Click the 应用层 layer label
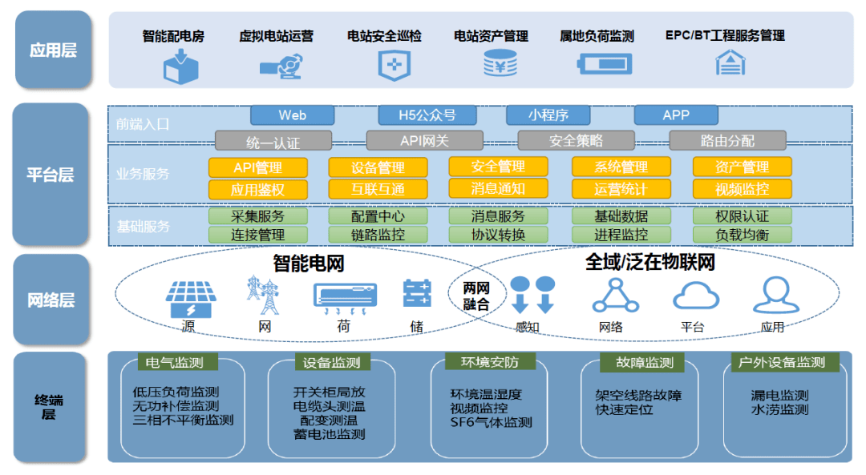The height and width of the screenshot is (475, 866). (x=52, y=50)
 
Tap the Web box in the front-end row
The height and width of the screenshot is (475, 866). (x=292, y=115)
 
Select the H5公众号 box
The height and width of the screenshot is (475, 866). (x=427, y=115)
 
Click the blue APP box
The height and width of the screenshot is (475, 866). (x=675, y=115)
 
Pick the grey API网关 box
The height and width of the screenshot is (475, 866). (x=425, y=141)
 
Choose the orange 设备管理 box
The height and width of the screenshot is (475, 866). (x=378, y=167)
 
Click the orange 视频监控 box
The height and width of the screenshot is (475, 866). (x=742, y=190)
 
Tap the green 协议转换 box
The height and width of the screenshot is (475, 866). (x=498, y=235)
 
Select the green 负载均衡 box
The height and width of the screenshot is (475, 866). (x=742, y=235)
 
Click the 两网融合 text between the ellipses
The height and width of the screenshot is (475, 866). (x=475, y=296)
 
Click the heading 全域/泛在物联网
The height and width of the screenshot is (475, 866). (x=649, y=262)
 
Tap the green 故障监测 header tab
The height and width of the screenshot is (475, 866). (x=645, y=363)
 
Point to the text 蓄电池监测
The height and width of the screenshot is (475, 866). (x=329, y=434)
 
